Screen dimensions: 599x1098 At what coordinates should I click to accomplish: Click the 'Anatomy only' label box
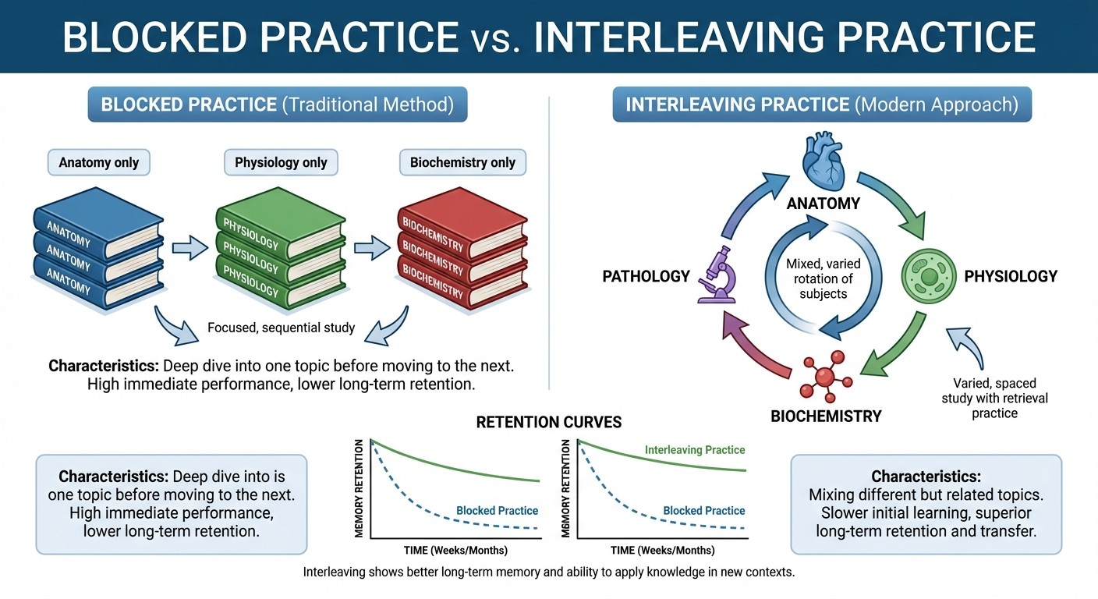[98, 162]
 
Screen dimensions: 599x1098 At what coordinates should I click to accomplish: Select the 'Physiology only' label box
[281, 162]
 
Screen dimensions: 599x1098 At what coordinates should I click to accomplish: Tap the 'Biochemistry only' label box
[462, 162]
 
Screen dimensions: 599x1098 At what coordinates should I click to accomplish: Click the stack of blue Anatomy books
[97, 250]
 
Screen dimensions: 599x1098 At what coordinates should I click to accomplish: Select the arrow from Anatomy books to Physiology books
[189, 248]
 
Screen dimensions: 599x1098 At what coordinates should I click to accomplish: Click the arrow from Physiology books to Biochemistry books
[372, 248]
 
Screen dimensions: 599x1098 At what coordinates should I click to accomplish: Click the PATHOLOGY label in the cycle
[646, 276]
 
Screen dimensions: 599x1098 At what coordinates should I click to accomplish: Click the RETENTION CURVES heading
[549, 422]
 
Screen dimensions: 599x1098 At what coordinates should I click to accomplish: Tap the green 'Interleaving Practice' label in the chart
[694, 450]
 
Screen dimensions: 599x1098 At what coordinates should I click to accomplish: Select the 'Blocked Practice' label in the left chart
[497, 511]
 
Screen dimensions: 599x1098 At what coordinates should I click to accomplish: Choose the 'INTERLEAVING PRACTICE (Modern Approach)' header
[822, 105]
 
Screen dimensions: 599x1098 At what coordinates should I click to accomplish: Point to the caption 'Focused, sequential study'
[281, 328]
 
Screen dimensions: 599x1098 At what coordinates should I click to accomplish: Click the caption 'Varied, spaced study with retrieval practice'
[1000, 398]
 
